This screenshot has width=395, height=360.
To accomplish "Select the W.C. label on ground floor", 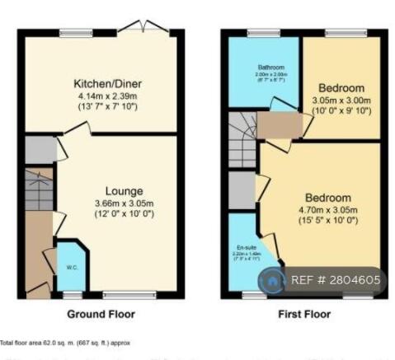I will tap(71, 269).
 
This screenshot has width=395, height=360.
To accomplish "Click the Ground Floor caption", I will tap(101, 314).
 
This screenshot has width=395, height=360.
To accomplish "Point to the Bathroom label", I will tap(247, 68).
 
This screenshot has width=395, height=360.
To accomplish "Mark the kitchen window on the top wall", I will tap(70, 33).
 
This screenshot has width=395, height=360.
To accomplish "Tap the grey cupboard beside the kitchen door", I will tap(37, 149).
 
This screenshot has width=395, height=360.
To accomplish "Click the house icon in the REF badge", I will tap(271, 280).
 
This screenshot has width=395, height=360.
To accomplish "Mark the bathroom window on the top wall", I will tap(259, 33).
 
